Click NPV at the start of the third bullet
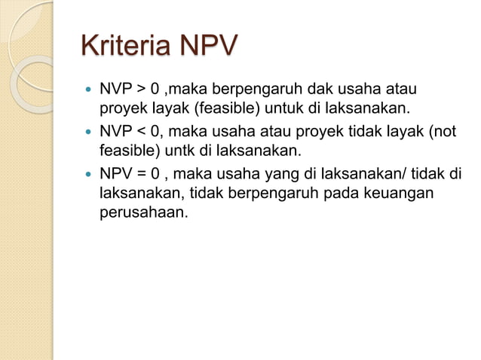(113, 176)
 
